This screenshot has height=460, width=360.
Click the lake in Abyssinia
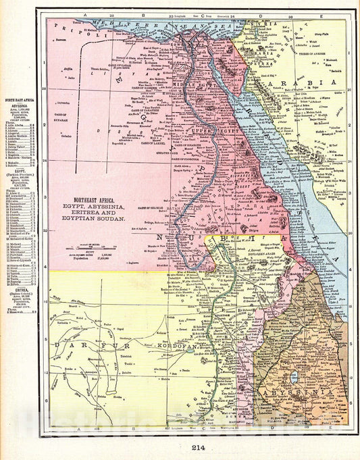pos(294,377)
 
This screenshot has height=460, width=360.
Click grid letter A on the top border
pos(85,14)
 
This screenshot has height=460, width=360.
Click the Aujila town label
pos(68,68)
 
